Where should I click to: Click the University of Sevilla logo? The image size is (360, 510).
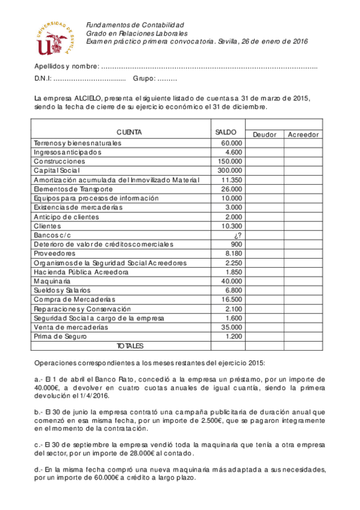[x=55, y=37]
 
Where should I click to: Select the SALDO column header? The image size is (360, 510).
[x=226, y=132]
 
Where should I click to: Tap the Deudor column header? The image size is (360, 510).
[x=264, y=135]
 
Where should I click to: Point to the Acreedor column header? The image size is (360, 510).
[x=304, y=135]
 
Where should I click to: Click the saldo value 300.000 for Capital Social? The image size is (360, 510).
[x=229, y=171]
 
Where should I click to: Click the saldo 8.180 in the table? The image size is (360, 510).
[x=233, y=254]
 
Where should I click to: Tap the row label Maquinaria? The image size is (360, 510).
[x=53, y=281]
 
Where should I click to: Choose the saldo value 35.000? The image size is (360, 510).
[x=231, y=327]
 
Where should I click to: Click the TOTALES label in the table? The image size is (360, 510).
[x=130, y=346]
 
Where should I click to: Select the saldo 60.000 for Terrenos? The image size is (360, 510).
[x=231, y=143]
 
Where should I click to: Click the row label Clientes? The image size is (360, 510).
[x=49, y=226]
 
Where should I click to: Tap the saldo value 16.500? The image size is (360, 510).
[x=231, y=300]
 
